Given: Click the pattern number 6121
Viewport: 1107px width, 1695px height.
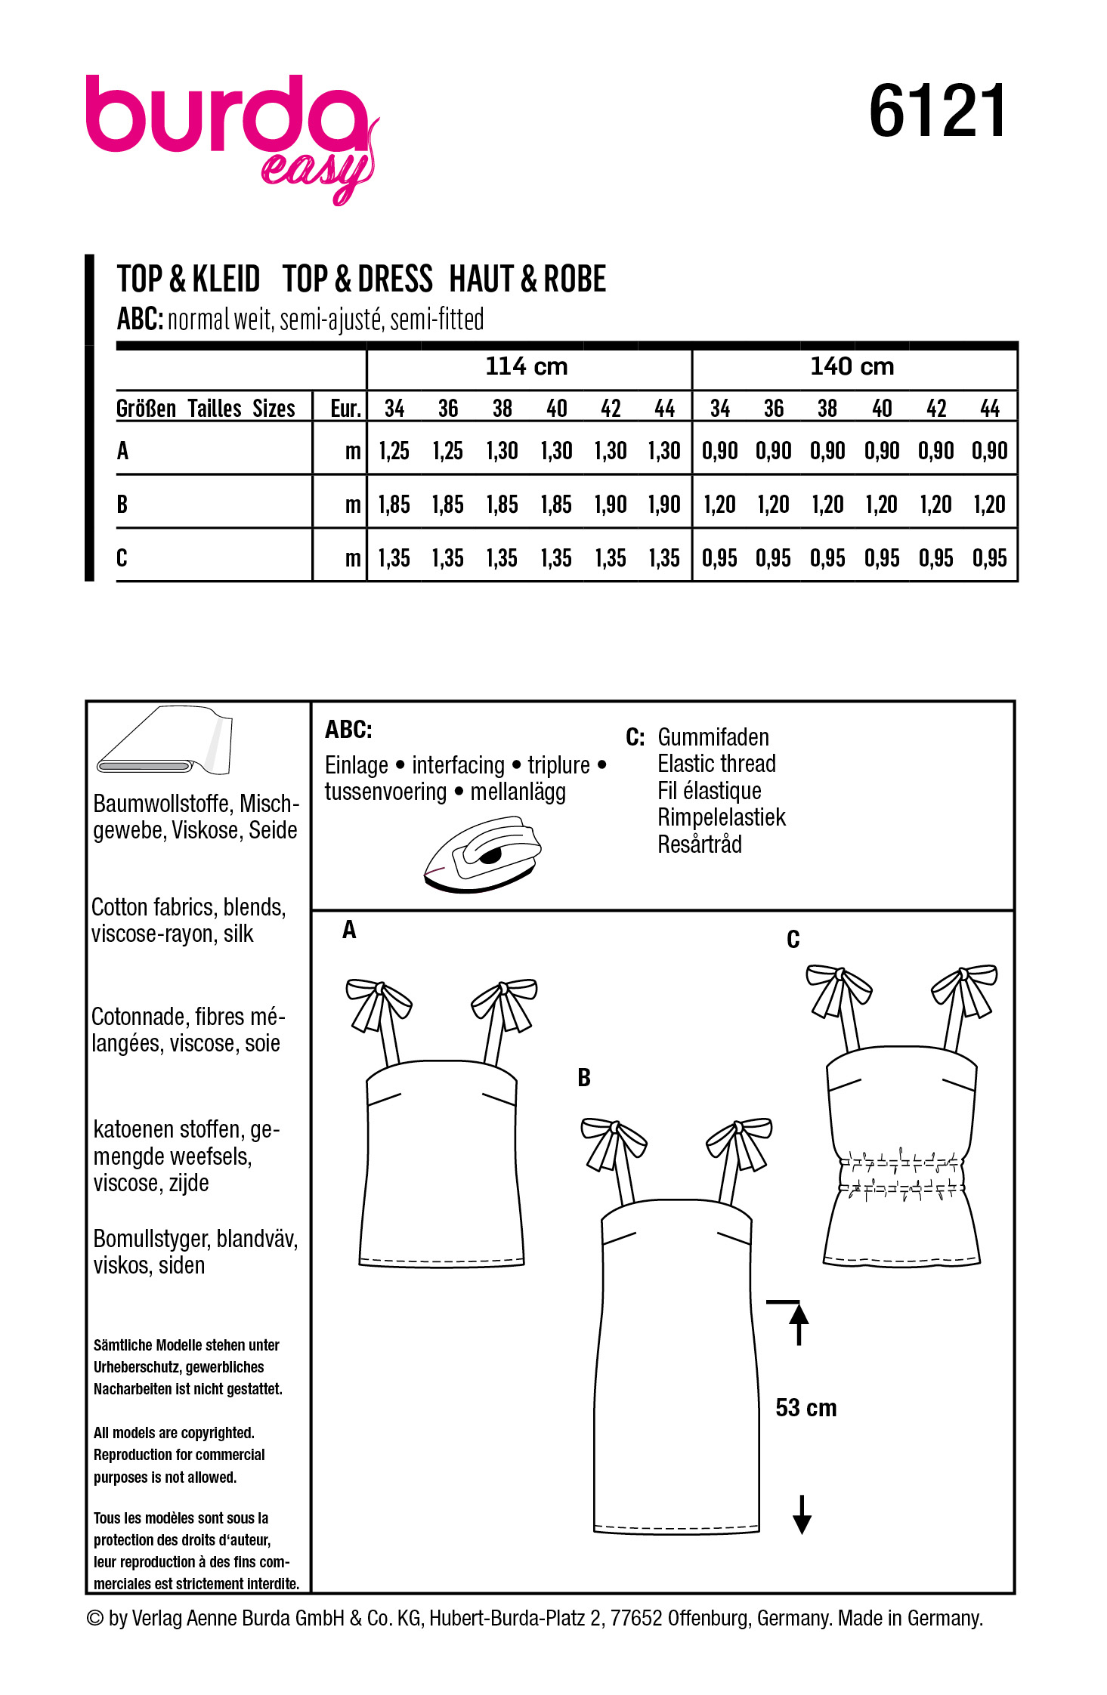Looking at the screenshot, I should [x=937, y=112].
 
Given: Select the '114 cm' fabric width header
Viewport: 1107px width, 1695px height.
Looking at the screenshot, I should [x=527, y=367].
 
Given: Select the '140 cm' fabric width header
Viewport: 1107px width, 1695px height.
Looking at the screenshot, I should [x=852, y=367].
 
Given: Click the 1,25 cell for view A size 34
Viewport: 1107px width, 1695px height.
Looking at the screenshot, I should [x=394, y=451].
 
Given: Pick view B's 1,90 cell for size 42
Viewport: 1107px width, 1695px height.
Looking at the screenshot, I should [x=611, y=505].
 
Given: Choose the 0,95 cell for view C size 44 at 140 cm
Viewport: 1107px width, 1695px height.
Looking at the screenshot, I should [x=990, y=558].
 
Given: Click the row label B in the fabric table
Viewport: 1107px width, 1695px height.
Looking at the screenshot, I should [x=122, y=504].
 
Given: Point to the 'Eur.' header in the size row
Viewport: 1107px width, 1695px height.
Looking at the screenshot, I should [x=345, y=409].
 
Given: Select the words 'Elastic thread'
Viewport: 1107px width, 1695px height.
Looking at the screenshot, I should [x=716, y=764].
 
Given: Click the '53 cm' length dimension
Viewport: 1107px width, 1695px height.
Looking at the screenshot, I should [x=806, y=1408].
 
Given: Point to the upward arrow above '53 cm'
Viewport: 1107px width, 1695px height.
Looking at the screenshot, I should [x=799, y=1321].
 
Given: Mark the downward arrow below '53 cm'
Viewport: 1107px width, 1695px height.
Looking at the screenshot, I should [x=802, y=1514].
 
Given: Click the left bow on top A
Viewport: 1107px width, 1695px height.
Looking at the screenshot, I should [x=378, y=1004].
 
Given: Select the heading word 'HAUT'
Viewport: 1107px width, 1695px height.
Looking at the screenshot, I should [x=483, y=279].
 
